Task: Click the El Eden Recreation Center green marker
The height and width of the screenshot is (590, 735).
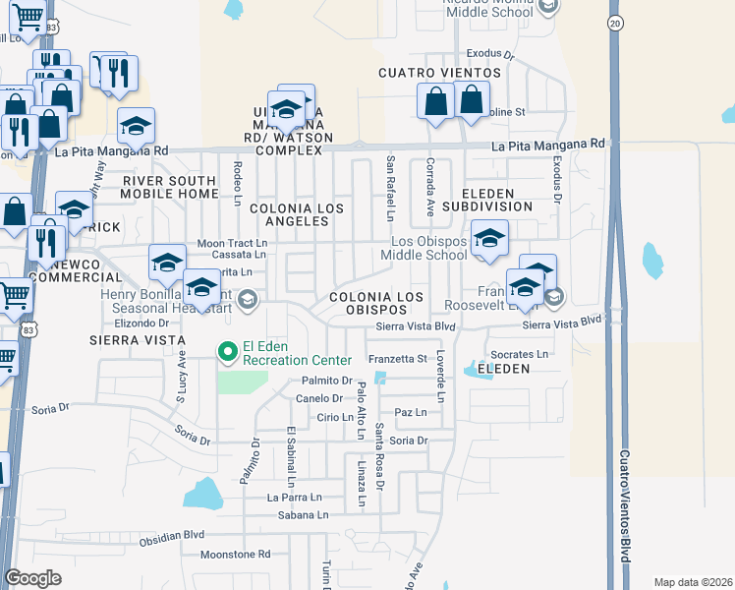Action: [x=228, y=350]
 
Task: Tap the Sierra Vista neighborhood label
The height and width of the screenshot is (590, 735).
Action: [x=137, y=339]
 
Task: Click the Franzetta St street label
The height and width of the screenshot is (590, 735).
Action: [x=397, y=359]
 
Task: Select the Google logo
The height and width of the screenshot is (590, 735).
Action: [x=33, y=578]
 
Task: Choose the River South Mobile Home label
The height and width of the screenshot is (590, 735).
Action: [x=169, y=187]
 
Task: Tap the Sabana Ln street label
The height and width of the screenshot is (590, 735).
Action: [x=301, y=514]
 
